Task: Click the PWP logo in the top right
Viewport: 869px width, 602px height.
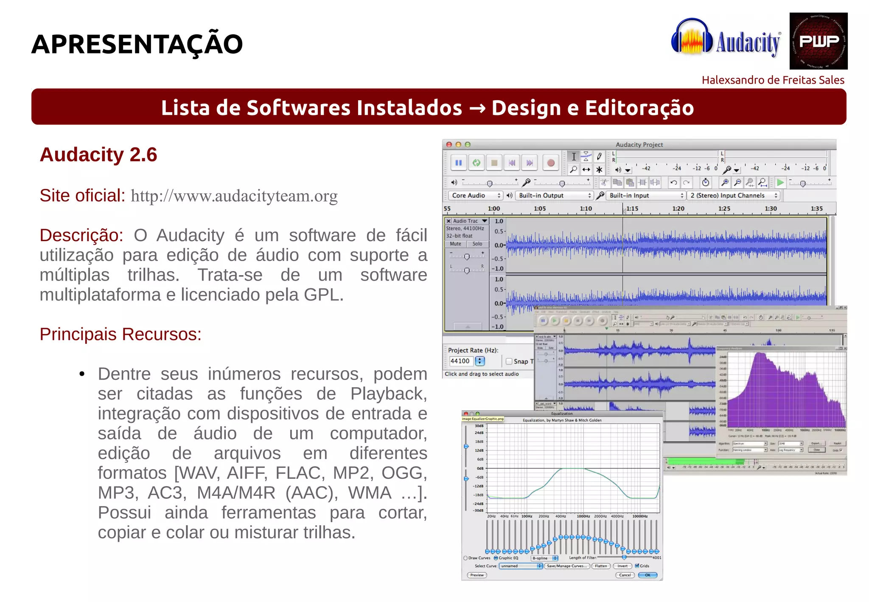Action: click(818, 41)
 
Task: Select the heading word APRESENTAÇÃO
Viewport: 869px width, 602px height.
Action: click(137, 44)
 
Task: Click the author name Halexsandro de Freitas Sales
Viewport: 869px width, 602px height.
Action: click(773, 80)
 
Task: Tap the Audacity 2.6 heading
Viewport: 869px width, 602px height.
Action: click(98, 155)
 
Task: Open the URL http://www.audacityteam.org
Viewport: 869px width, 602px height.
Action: click(234, 196)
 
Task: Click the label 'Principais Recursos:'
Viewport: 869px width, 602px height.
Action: click(121, 334)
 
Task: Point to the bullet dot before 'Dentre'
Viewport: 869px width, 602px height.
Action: click(82, 374)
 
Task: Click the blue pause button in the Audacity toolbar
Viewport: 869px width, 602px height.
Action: click(458, 163)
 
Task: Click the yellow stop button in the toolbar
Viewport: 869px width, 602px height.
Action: click(494, 163)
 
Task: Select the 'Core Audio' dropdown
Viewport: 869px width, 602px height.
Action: click(475, 195)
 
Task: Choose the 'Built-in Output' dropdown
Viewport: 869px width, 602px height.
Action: click(554, 195)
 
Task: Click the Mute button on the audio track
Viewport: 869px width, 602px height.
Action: click(455, 244)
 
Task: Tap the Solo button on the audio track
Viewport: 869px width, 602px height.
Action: click(477, 244)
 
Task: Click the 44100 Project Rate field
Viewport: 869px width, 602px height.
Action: click(461, 361)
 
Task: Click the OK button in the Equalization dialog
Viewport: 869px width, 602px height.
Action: click(648, 575)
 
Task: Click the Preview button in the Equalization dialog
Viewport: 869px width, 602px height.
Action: click(477, 575)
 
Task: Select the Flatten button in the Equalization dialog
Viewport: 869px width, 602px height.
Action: click(601, 566)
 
